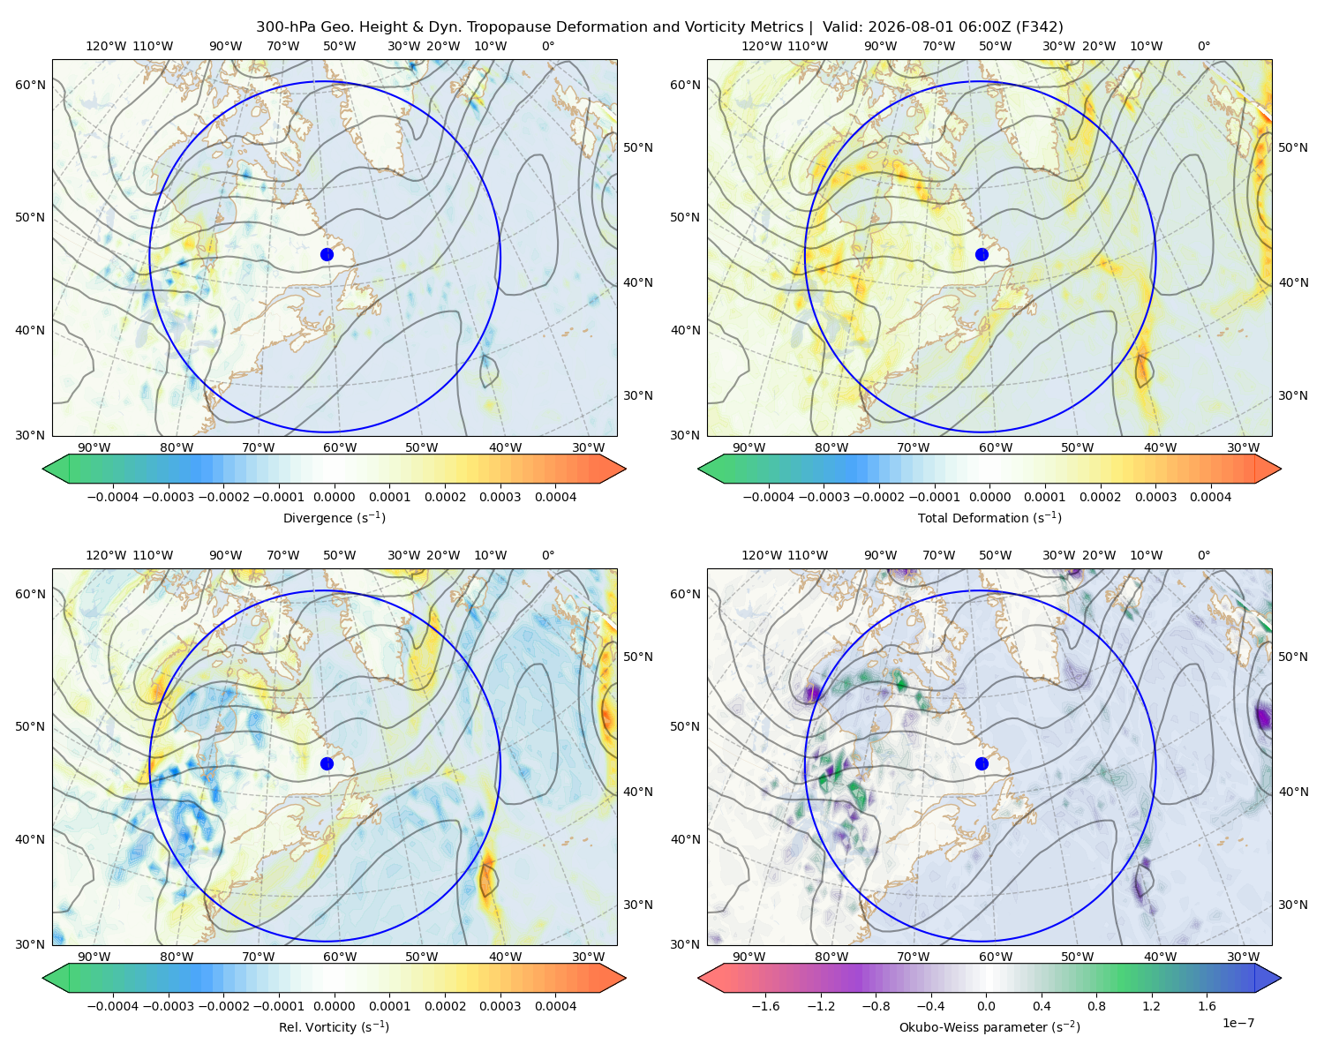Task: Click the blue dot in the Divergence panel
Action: pos(327,254)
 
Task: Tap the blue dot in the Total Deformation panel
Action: pos(982,254)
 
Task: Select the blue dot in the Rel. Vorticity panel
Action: pos(327,763)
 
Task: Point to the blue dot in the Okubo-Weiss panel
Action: pos(982,763)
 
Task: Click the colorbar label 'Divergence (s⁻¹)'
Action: pos(334,517)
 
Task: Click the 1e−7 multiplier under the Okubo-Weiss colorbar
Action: pos(1237,1023)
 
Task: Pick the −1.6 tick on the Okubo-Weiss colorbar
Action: pos(765,1005)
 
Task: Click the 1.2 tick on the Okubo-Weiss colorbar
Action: pos(1151,1005)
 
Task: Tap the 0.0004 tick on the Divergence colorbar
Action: pos(555,497)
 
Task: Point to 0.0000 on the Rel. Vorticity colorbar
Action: pos(334,1005)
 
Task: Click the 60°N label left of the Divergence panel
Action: pos(30,85)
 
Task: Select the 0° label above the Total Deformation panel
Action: pos(1203,46)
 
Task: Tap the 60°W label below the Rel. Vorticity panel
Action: pos(340,957)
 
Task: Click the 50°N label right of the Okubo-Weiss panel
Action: pos(1292,656)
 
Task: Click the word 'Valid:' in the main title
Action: pos(843,26)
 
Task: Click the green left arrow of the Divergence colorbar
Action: pos(56,469)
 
